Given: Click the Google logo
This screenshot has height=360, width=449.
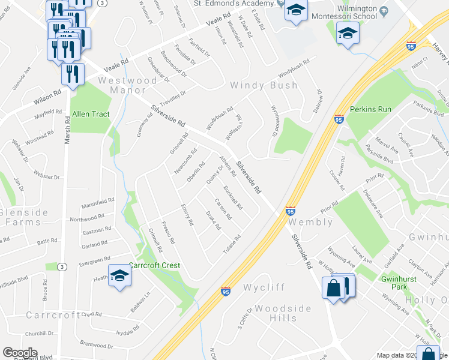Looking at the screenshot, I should point(20,353).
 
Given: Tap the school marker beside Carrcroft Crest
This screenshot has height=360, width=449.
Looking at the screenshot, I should point(119,275).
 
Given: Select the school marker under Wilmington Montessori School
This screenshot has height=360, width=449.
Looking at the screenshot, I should point(347,34).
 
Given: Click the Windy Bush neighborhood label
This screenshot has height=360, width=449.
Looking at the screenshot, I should point(264,85).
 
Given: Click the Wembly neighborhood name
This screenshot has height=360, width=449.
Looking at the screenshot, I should point(311,222).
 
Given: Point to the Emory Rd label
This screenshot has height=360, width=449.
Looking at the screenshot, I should point(187,214).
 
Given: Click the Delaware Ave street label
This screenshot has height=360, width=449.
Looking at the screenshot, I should point(373,203).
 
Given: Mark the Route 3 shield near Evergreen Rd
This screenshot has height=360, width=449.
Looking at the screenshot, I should point(62,266).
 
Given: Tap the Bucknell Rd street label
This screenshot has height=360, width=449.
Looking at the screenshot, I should point(232,198).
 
